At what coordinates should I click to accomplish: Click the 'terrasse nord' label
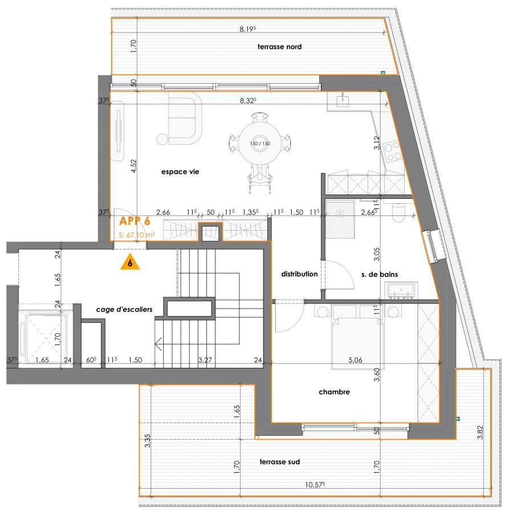coord(279,47)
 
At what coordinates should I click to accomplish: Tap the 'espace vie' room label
coord(180,172)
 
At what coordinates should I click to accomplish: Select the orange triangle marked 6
coord(130,262)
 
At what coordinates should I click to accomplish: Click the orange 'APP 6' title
coord(135,221)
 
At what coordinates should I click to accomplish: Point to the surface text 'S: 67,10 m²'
coord(137,235)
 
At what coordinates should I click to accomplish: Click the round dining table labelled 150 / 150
coord(260,143)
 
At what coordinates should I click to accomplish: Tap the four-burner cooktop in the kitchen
coord(392,152)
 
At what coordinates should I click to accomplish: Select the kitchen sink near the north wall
coord(342,100)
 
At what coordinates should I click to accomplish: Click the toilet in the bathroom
coord(399,212)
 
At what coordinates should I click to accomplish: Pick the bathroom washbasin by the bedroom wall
coord(401,290)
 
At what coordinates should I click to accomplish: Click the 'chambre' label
coord(334,392)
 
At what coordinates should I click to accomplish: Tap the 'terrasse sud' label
coord(280,462)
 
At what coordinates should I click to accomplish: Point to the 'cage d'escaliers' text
coord(124,310)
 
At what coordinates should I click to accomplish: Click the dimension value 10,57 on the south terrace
coord(315,485)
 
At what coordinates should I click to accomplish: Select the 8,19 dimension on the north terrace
coord(248,29)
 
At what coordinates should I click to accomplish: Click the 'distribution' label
coord(299,274)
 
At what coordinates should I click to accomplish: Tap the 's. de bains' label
coord(380,275)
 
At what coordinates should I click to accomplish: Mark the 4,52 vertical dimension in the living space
coord(133,166)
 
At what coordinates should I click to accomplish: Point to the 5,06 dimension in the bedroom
coord(355,361)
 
